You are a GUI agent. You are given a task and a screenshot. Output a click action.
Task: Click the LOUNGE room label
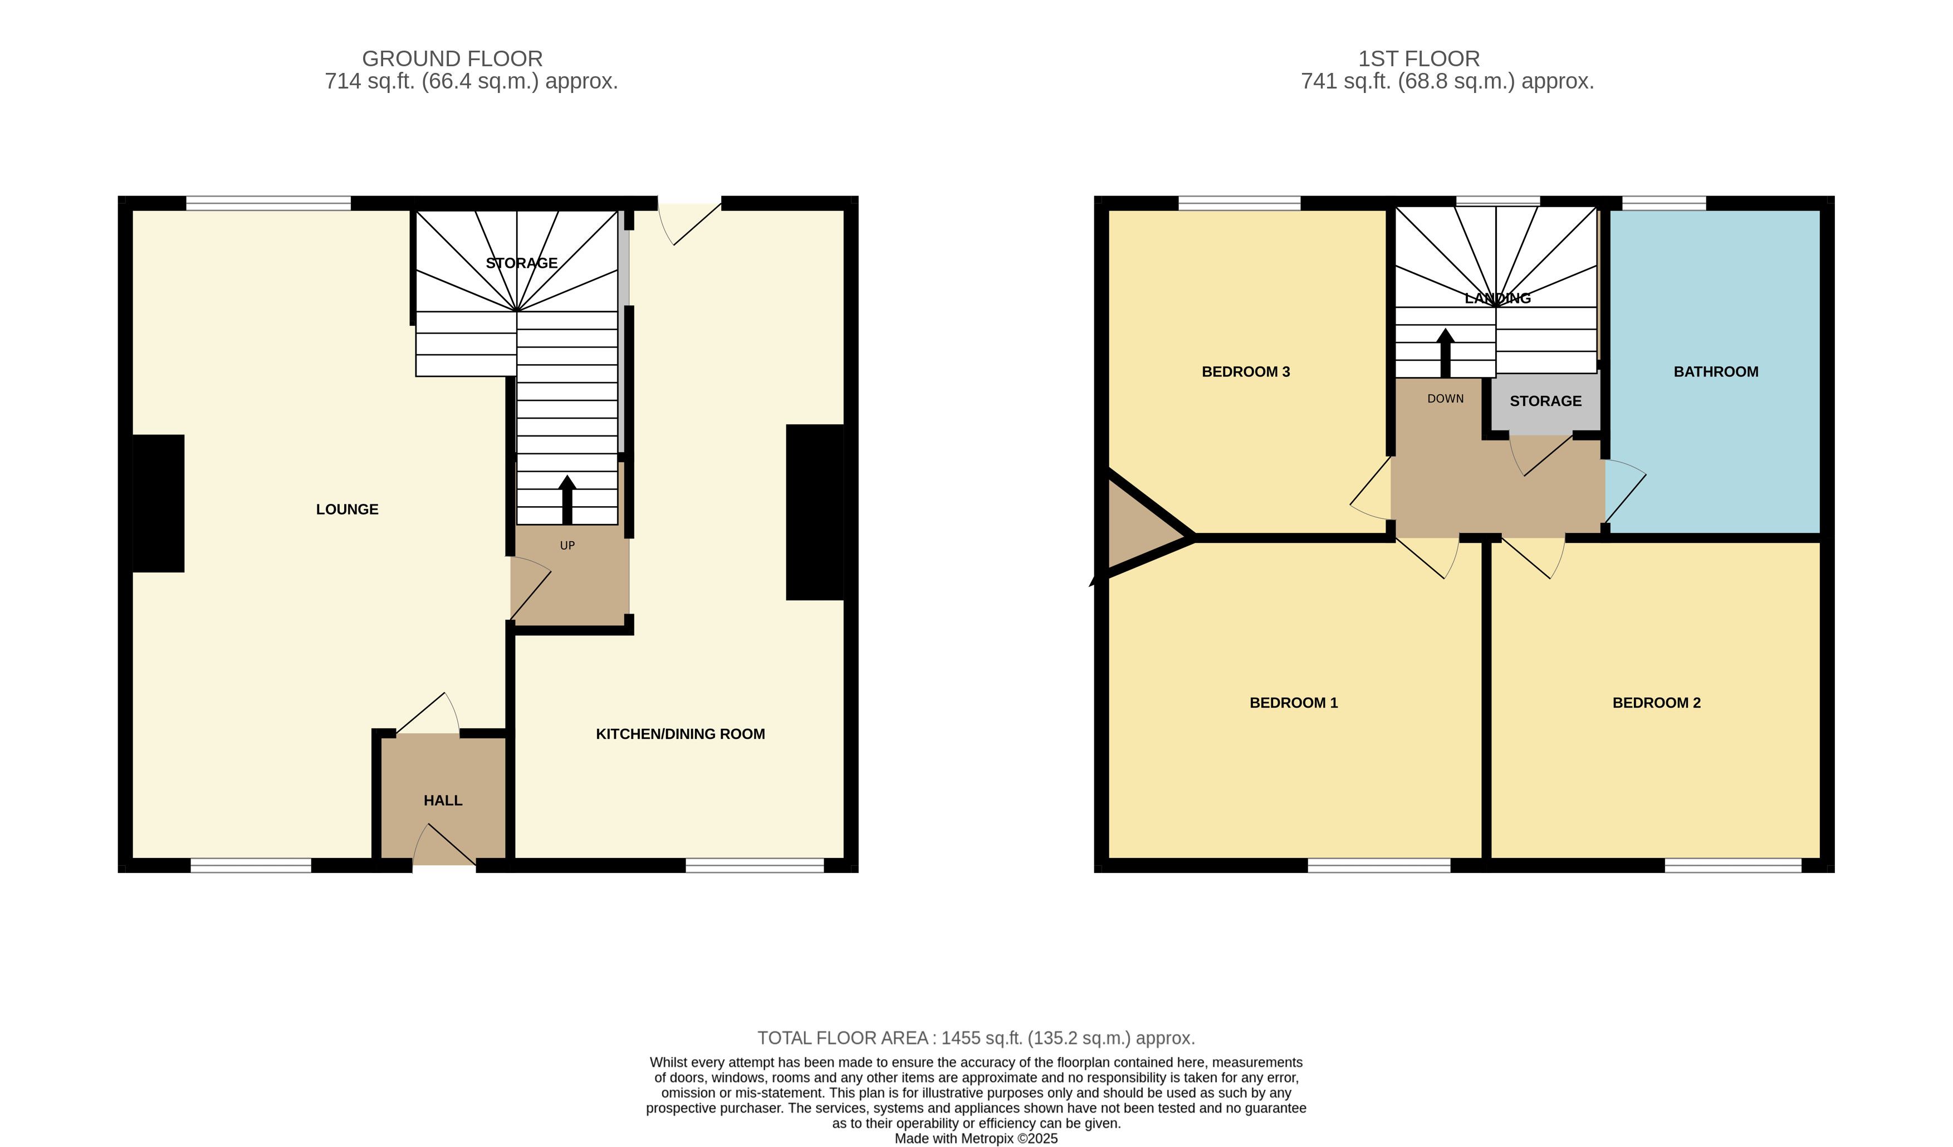347,509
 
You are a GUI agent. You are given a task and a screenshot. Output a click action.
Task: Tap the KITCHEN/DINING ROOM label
681,734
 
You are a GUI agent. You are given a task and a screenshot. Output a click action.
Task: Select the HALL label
443,801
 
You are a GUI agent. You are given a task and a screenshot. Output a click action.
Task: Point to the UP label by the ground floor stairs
567,546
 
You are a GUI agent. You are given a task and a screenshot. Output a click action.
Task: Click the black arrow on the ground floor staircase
567,500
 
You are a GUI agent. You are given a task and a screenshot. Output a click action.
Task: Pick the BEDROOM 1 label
1294,703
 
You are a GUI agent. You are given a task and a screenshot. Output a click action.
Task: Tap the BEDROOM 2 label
1657,703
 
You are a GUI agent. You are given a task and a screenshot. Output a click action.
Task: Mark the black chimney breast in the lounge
158,504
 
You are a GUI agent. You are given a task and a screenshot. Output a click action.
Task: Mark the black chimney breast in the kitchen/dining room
815,512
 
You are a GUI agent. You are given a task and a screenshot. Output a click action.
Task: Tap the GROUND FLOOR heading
453,59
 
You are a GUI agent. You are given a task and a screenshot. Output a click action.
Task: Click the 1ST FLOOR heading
1419,59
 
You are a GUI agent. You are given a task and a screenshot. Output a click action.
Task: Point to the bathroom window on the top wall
1664,203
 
